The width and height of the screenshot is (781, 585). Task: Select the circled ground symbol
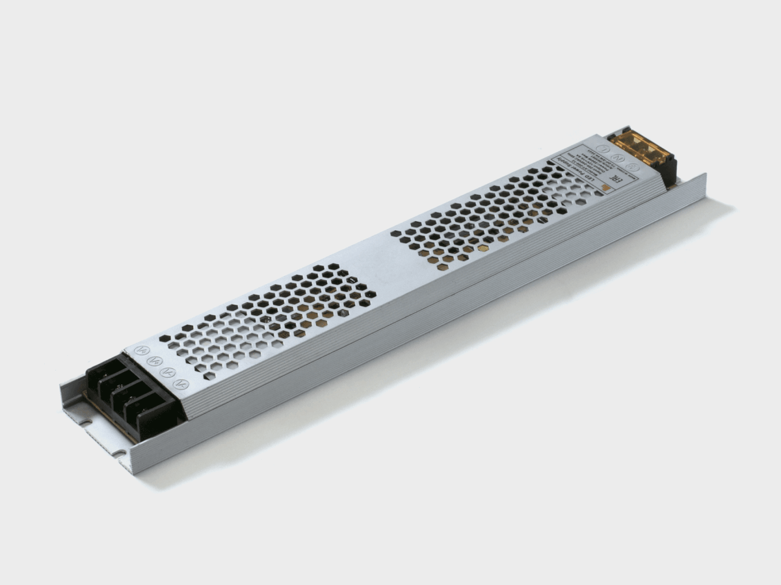coord(634,167)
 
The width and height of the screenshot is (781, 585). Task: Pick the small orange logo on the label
coord(604,185)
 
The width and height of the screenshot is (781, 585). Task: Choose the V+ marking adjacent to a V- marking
coord(154,360)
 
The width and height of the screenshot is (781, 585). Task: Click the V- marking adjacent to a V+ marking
coord(168,372)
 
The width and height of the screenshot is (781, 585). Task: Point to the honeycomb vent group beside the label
coord(484,218)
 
